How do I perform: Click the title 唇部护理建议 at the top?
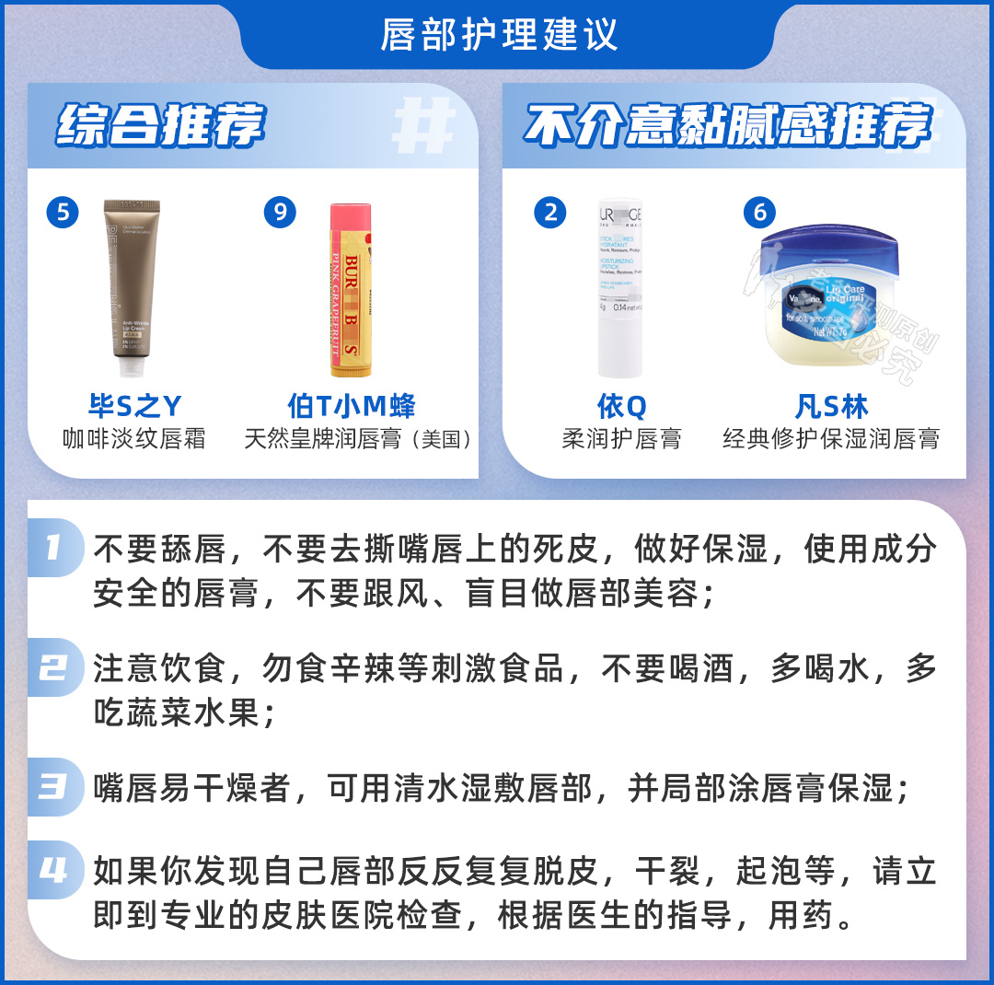tap(498, 35)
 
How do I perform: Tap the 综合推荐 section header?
tap(161, 126)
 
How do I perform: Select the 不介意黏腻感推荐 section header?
tap(727, 126)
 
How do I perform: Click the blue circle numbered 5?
tap(63, 213)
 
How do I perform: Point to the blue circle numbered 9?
tap(280, 213)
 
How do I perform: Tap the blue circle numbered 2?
tap(550, 213)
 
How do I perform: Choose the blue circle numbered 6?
tap(759, 213)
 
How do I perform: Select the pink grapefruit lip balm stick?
tap(351, 290)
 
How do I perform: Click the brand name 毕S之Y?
tap(134, 406)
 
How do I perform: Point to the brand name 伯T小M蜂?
tap(352, 406)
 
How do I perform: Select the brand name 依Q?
tap(622, 406)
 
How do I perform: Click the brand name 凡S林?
tap(831, 406)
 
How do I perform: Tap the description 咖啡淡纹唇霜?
tap(134, 438)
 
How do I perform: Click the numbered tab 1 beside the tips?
tap(53, 549)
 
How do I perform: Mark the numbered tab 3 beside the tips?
tap(53, 788)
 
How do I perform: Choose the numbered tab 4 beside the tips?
tap(53, 871)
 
